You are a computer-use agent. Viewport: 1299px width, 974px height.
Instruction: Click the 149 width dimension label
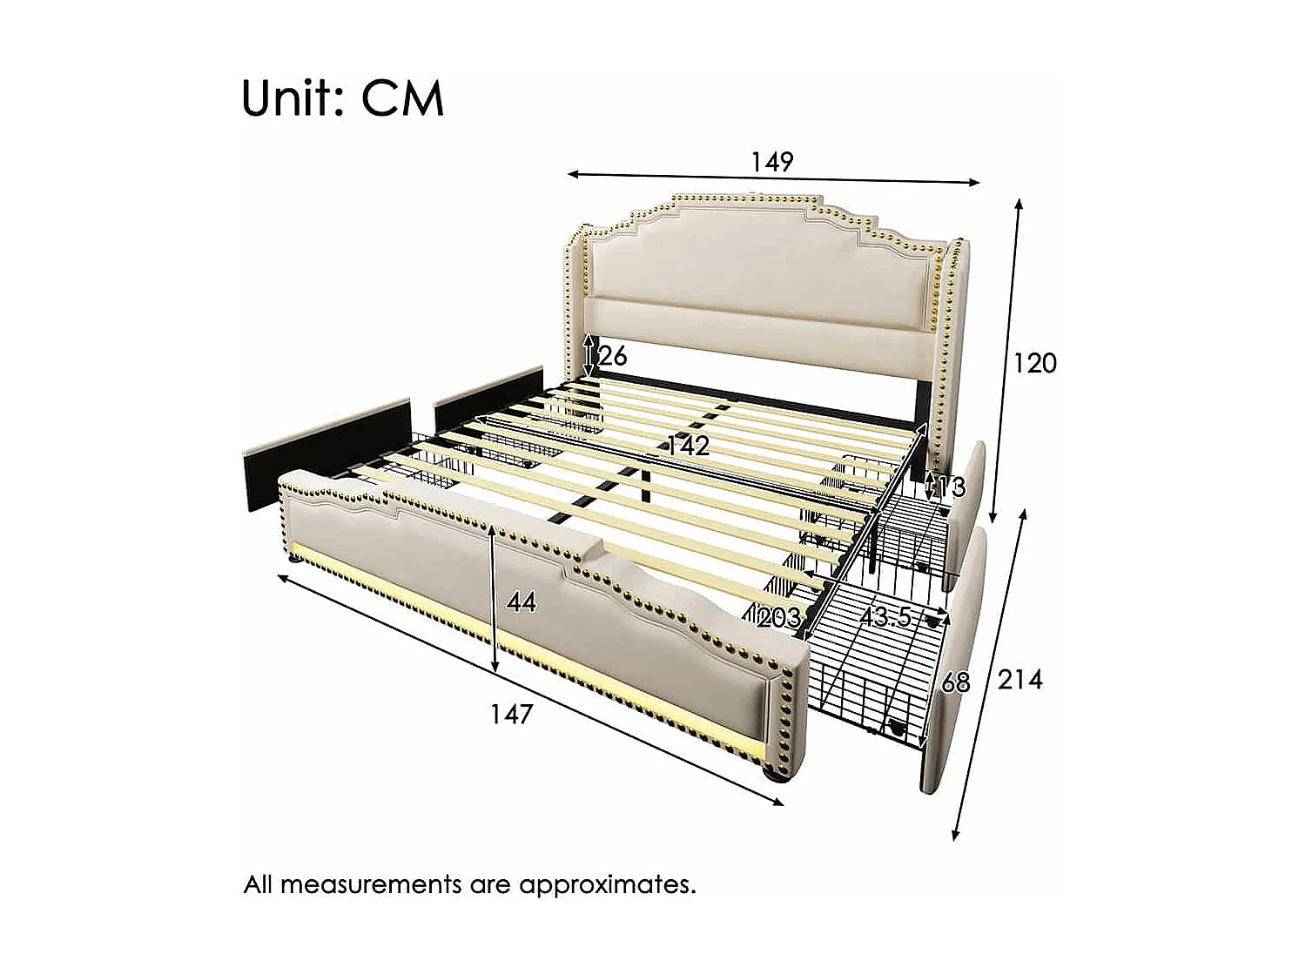click(772, 162)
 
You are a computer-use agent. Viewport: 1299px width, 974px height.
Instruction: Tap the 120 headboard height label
click(1034, 362)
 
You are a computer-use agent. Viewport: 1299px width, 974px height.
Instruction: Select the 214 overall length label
click(1020, 679)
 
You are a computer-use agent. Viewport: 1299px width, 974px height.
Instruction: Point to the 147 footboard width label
click(511, 715)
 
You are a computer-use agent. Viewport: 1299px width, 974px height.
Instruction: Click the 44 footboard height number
click(522, 601)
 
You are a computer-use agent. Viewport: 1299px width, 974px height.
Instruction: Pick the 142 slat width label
click(688, 446)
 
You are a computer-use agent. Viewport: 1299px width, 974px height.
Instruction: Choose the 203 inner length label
click(779, 618)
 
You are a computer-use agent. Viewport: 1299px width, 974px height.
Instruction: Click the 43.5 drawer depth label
click(885, 617)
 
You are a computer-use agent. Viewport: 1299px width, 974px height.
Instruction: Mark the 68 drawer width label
click(955, 682)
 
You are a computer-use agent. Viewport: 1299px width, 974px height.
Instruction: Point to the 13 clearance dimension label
click(953, 487)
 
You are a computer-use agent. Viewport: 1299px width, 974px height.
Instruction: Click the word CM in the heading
click(402, 98)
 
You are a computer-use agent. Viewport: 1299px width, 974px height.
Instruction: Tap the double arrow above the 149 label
click(773, 178)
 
